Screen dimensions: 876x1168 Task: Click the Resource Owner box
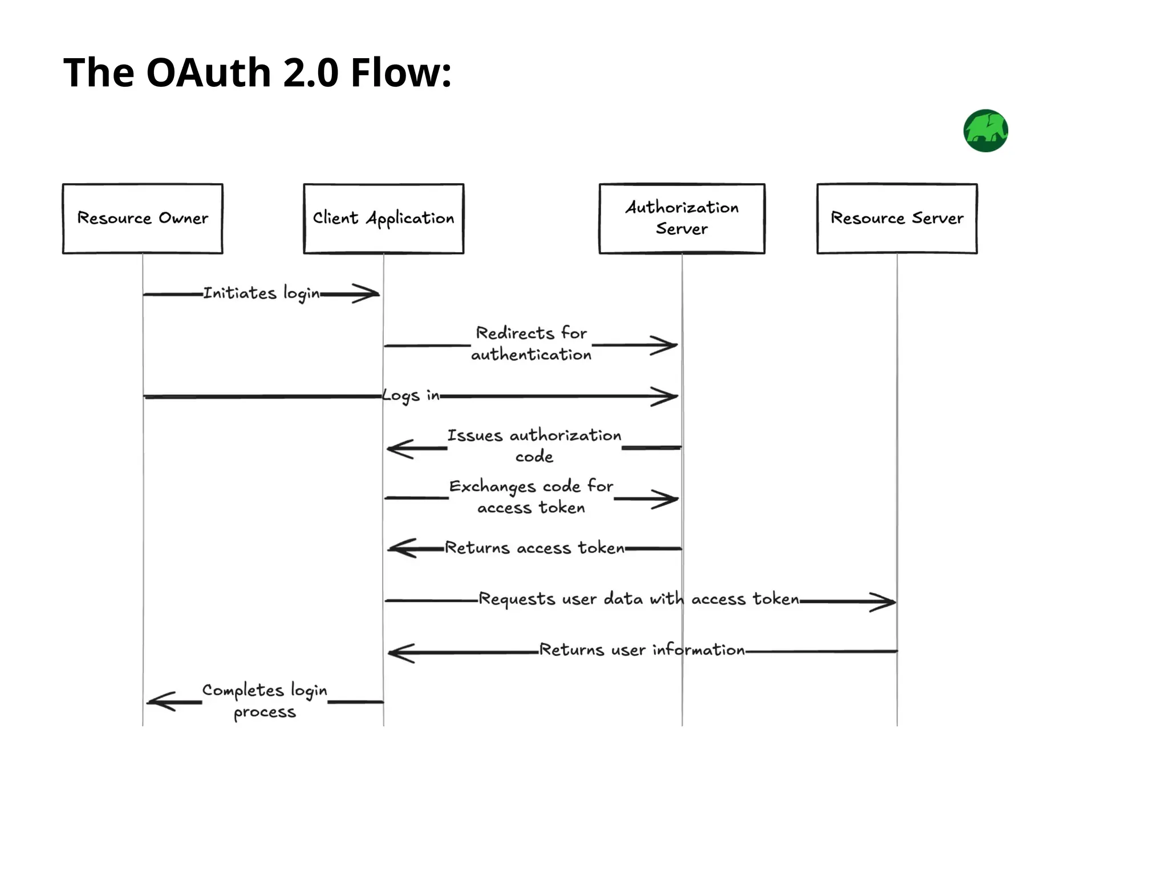[x=143, y=218]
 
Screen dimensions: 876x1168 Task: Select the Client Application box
[x=383, y=218]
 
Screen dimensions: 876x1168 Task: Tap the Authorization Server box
[x=682, y=218]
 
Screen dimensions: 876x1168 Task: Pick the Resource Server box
[x=897, y=218]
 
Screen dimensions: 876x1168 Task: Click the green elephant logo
[x=985, y=131]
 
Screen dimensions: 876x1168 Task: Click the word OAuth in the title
[x=208, y=73]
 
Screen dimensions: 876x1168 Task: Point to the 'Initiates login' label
[x=261, y=293]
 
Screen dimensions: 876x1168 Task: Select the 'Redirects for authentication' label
[x=532, y=344]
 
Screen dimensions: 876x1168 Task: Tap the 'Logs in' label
[x=411, y=396]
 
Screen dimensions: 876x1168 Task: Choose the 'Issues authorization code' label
[x=534, y=445]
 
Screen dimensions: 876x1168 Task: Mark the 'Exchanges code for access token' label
[x=532, y=497]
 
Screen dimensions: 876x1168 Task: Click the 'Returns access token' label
[x=534, y=548]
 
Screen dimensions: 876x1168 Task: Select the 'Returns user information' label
[x=642, y=650]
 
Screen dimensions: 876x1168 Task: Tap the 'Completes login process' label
[x=265, y=701]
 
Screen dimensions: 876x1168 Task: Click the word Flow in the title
[x=401, y=73]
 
